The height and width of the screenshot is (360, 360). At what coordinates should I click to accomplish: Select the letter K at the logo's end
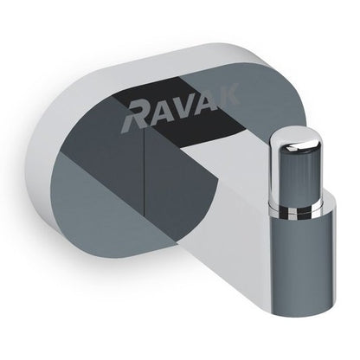click(x=228, y=93)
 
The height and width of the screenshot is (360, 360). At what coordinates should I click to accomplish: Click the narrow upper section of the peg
click(x=295, y=173)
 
